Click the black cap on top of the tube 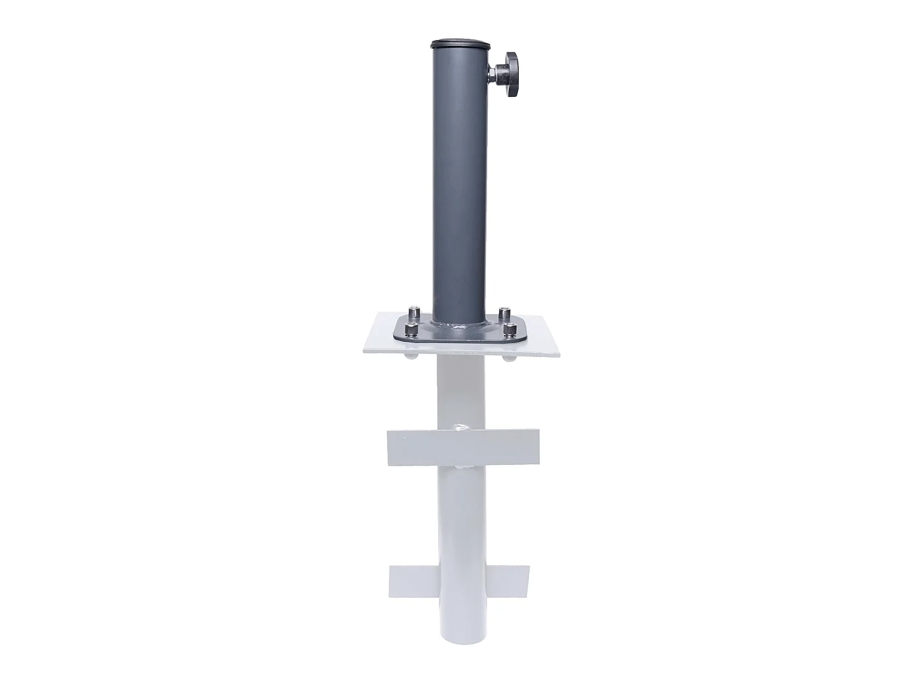459,44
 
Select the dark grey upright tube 459,182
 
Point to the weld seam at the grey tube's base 459,330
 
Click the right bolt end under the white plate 508,358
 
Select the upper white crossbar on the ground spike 462,447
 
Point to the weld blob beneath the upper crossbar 462,467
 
